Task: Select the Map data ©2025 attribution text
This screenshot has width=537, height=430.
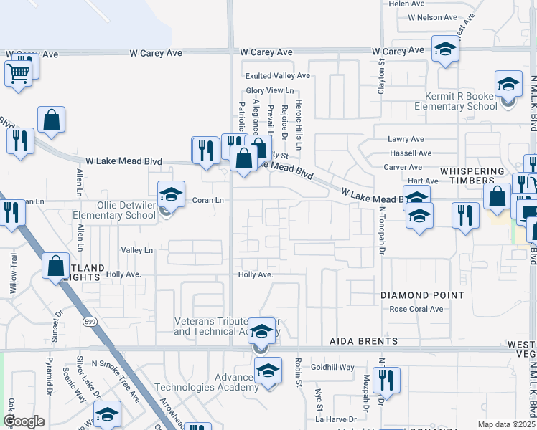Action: (505, 424)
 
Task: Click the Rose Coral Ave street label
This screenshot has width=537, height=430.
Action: (416, 310)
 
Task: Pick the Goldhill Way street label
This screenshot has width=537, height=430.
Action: (332, 367)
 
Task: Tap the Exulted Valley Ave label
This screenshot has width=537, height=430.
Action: (278, 75)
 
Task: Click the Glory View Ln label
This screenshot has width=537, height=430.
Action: (270, 90)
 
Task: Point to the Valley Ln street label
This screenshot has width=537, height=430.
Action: (137, 250)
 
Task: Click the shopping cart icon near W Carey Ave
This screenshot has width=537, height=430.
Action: (18, 73)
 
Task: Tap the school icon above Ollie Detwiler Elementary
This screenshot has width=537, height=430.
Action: (171, 193)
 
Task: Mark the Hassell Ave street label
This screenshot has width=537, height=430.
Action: (411, 153)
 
